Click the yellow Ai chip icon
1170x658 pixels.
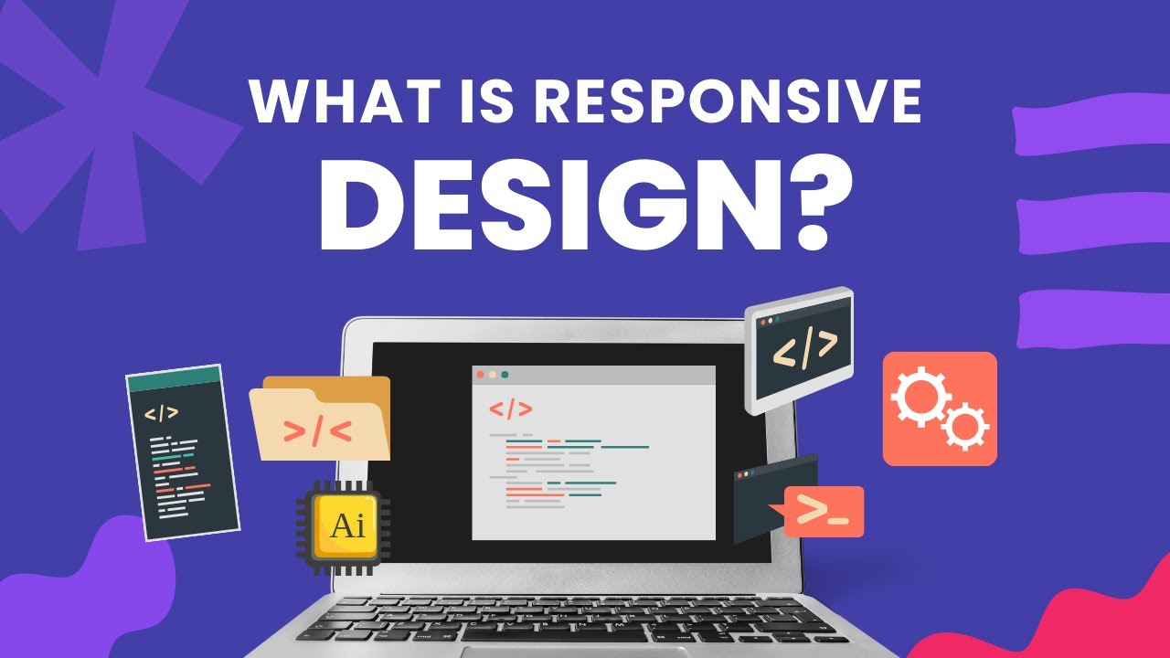pos(345,526)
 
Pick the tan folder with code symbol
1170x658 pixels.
pos(320,420)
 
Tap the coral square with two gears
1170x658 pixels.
pos(940,409)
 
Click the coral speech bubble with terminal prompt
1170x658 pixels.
pos(823,512)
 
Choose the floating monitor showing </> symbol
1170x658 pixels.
pos(801,347)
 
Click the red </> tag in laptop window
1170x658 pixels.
pos(510,409)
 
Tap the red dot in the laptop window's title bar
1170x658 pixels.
pos(481,375)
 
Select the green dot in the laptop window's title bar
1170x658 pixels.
pos(505,375)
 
